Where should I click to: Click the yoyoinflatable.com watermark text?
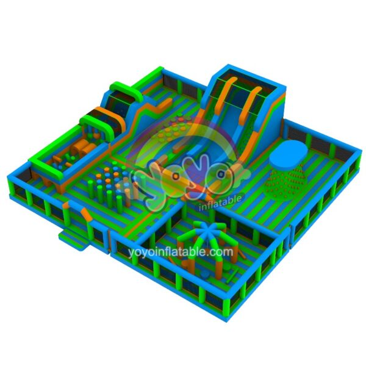coord(181,251)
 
